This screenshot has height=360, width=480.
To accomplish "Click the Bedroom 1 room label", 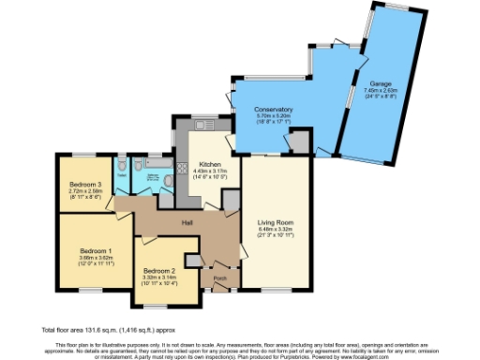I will click(96, 250).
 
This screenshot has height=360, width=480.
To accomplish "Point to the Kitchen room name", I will click(205, 164).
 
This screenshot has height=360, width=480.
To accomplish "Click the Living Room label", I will click(276, 222).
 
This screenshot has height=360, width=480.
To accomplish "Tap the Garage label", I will click(381, 83).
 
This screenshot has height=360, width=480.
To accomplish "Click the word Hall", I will click(187, 222).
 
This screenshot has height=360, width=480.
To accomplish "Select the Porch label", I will click(219, 278).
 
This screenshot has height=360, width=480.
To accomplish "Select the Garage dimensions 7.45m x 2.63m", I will click(381, 91).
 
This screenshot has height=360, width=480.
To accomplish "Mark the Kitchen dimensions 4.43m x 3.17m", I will click(205, 171).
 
